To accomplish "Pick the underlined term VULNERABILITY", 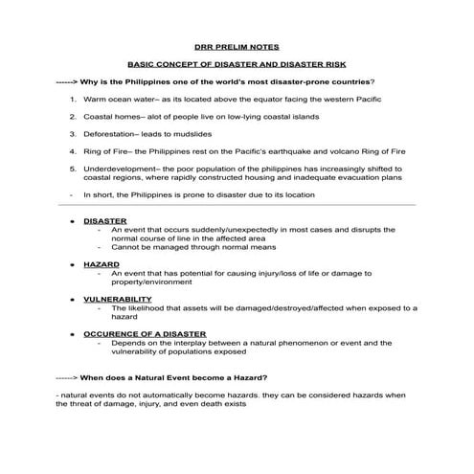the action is point(117,298).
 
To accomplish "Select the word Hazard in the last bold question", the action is point(244,376).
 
